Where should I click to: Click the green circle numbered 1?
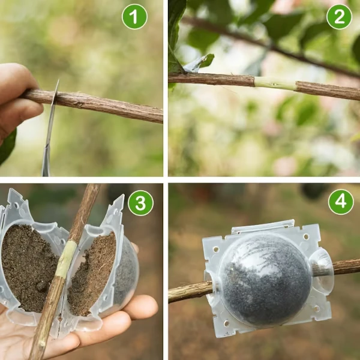134,17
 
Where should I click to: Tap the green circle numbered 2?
339,17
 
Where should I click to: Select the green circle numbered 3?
140,203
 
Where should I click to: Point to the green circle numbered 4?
341,202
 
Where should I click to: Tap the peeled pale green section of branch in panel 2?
275,84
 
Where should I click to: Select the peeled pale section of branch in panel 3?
65,258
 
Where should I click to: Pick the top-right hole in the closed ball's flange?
306,236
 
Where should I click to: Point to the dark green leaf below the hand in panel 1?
7,147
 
